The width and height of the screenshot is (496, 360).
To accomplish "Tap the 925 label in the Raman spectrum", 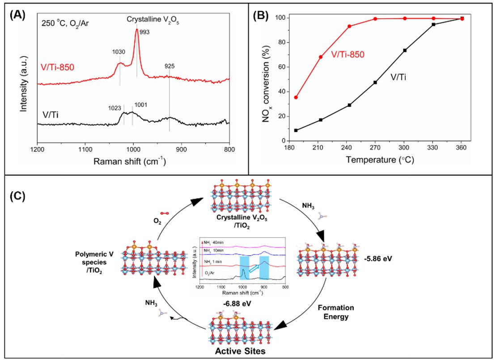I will click(170, 66).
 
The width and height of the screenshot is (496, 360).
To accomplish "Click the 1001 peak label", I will click(141, 105).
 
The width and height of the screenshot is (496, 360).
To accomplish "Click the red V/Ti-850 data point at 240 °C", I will click(349, 26).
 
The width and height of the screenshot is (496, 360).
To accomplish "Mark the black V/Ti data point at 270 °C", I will click(375, 82).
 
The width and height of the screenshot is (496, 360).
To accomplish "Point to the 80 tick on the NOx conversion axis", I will click(281, 42).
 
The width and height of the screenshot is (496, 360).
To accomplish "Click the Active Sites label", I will click(240, 351).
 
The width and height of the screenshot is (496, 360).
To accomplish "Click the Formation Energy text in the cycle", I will click(336, 312).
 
